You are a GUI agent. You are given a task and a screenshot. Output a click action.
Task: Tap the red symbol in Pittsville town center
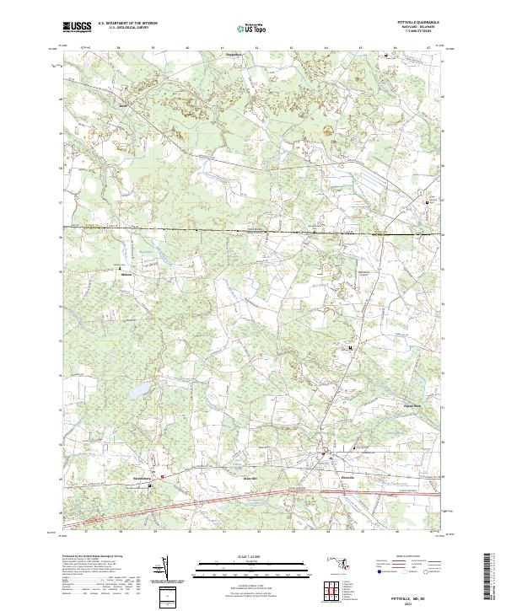tap(321, 456)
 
